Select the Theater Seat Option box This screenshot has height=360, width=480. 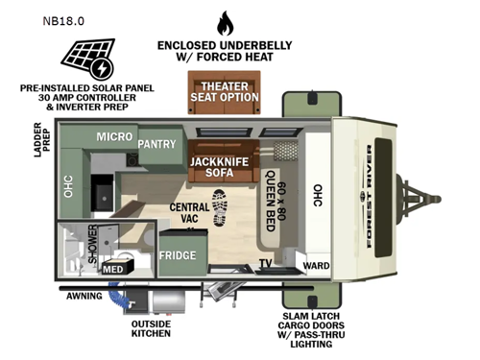[226, 90]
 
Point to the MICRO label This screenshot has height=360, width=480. [114, 138]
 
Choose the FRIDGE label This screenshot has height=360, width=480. [178, 255]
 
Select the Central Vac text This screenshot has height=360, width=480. [190, 213]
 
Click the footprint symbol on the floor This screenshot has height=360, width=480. [219, 208]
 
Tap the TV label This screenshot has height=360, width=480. [266, 261]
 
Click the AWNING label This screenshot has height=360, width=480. [84, 297]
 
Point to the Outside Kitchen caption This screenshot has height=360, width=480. [152, 328]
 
